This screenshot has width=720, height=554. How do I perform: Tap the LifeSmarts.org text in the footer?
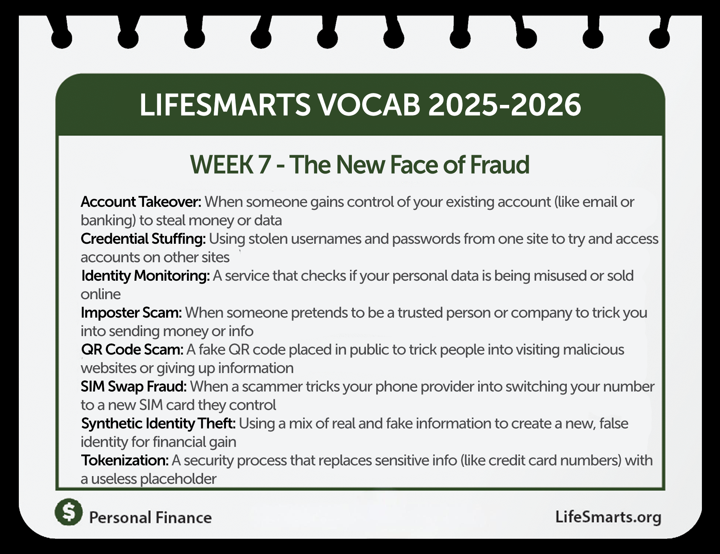coord(608,517)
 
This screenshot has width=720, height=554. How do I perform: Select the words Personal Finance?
coord(151,517)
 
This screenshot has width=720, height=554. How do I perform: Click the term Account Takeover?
coord(141,202)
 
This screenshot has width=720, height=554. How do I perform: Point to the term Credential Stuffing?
coord(143,239)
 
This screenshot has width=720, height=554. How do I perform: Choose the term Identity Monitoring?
coord(145,276)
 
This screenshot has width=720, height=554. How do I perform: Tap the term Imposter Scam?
coord(131,313)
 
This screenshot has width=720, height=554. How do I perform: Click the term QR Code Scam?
coord(132,350)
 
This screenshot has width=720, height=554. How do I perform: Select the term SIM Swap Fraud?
coord(134,387)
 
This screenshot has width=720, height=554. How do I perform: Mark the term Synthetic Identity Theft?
coord(158,424)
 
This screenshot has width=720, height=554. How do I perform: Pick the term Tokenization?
coord(125,461)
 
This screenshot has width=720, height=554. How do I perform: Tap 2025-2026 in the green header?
coord(504,105)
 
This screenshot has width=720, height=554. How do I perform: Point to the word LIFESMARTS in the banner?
coord(225,105)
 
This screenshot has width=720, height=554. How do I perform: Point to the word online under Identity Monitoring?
coord(100,294)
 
